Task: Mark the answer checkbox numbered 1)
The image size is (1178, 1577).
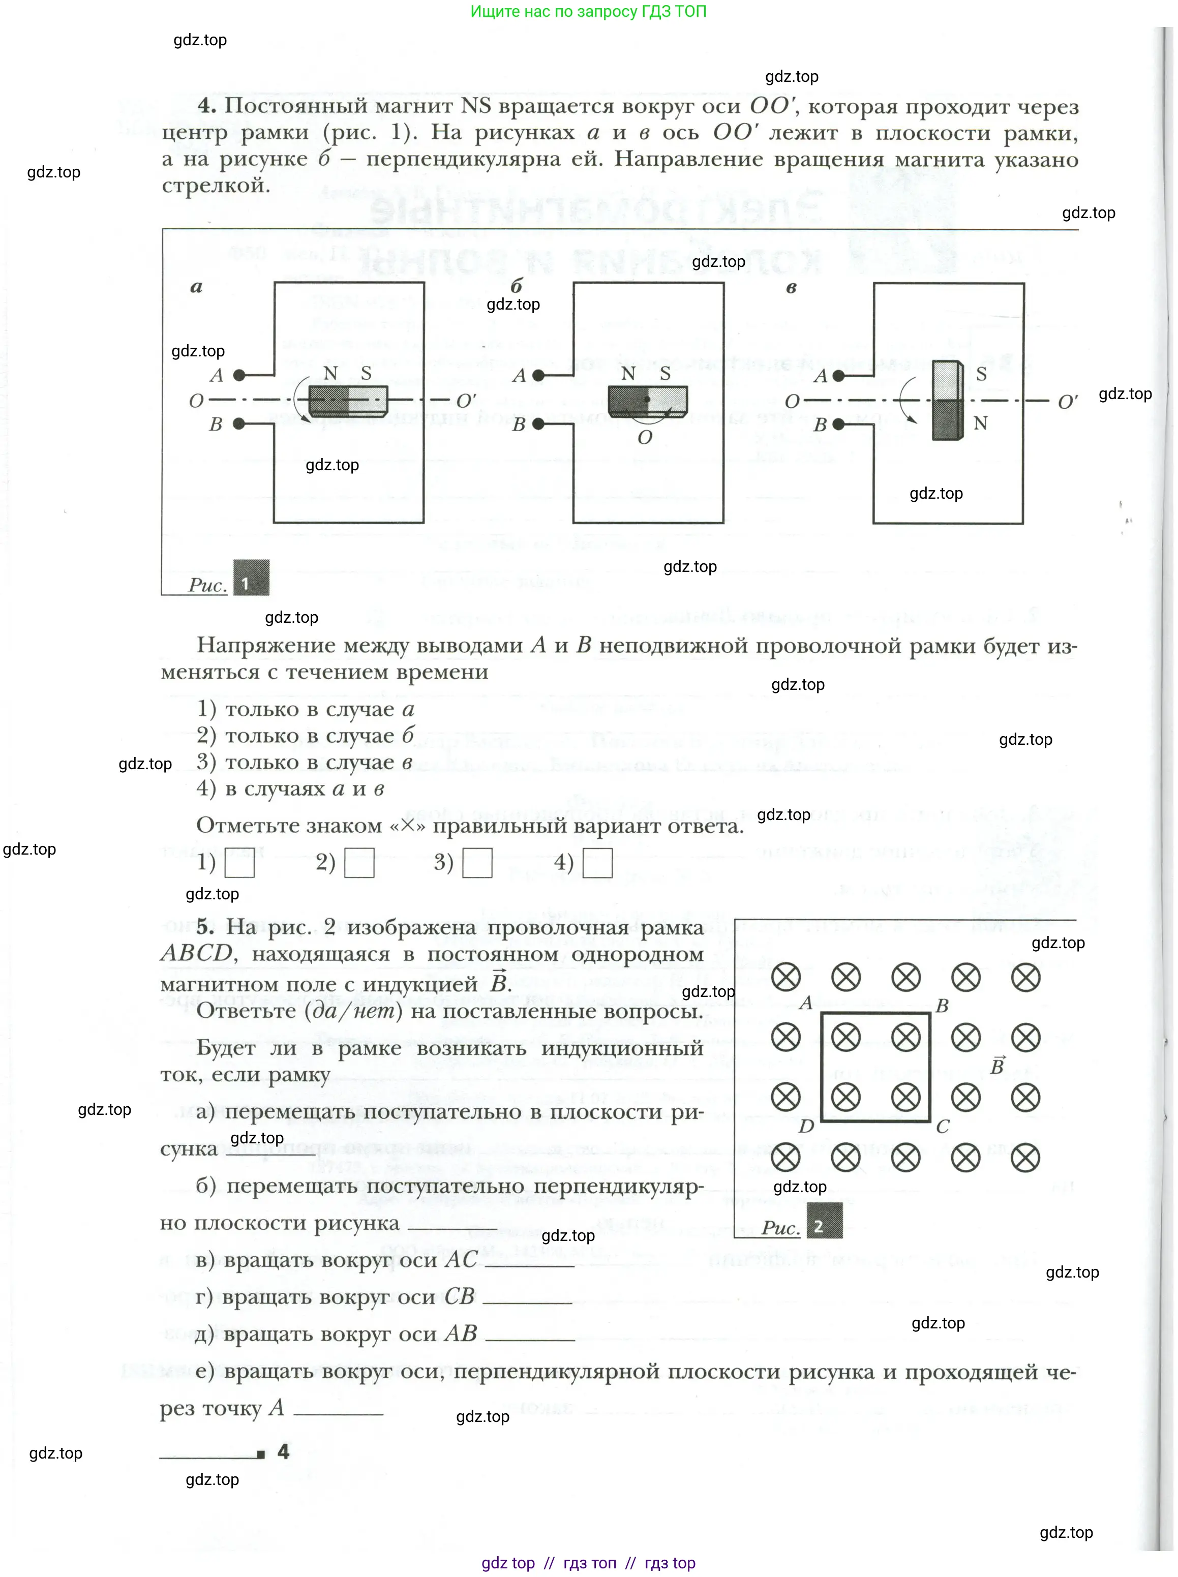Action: pyautogui.click(x=239, y=863)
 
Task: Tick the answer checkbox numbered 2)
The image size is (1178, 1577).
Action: pyautogui.click(x=359, y=863)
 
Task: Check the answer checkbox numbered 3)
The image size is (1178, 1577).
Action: pyautogui.click(x=477, y=863)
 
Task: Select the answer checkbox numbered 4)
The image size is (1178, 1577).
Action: pyautogui.click(x=597, y=863)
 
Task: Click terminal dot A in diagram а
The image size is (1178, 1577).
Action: pyautogui.click(x=239, y=375)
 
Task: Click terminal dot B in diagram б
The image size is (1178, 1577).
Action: pyautogui.click(x=538, y=424)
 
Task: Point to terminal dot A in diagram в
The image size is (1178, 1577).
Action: pyautogui.click(x=838, y=376)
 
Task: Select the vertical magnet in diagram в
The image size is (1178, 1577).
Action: pyautogui.click(x=948, y=401)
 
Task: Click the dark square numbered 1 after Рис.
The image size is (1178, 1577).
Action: pyautogui.click(x=251, y=578)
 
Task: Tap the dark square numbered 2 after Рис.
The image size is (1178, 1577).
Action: pyautogui.click(x=824, y=1221)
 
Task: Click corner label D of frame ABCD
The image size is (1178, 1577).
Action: pyautogui.click(x=806, y=1127)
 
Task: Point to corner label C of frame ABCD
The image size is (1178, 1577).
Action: pyautogui.click(x=942, y=1127)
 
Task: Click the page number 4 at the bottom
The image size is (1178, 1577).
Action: pyautogui.click(x=283, y=1452)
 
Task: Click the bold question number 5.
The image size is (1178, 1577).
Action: pyautogui.click(x=205, y=927)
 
